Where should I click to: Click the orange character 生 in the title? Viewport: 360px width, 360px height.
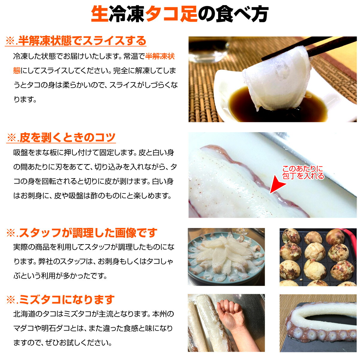[100, 14]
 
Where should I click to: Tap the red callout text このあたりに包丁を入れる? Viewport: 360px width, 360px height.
[303, 172]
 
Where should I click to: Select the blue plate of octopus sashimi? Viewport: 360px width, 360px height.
[226, 257]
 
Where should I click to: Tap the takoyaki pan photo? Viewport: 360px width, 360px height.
[318, 257]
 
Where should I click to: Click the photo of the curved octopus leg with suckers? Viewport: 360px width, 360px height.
[318, 323]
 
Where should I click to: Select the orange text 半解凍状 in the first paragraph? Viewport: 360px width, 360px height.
[160, 56]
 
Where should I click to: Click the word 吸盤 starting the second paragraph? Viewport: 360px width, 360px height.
[20, 152]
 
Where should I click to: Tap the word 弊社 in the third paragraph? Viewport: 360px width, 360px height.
[46, 261]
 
